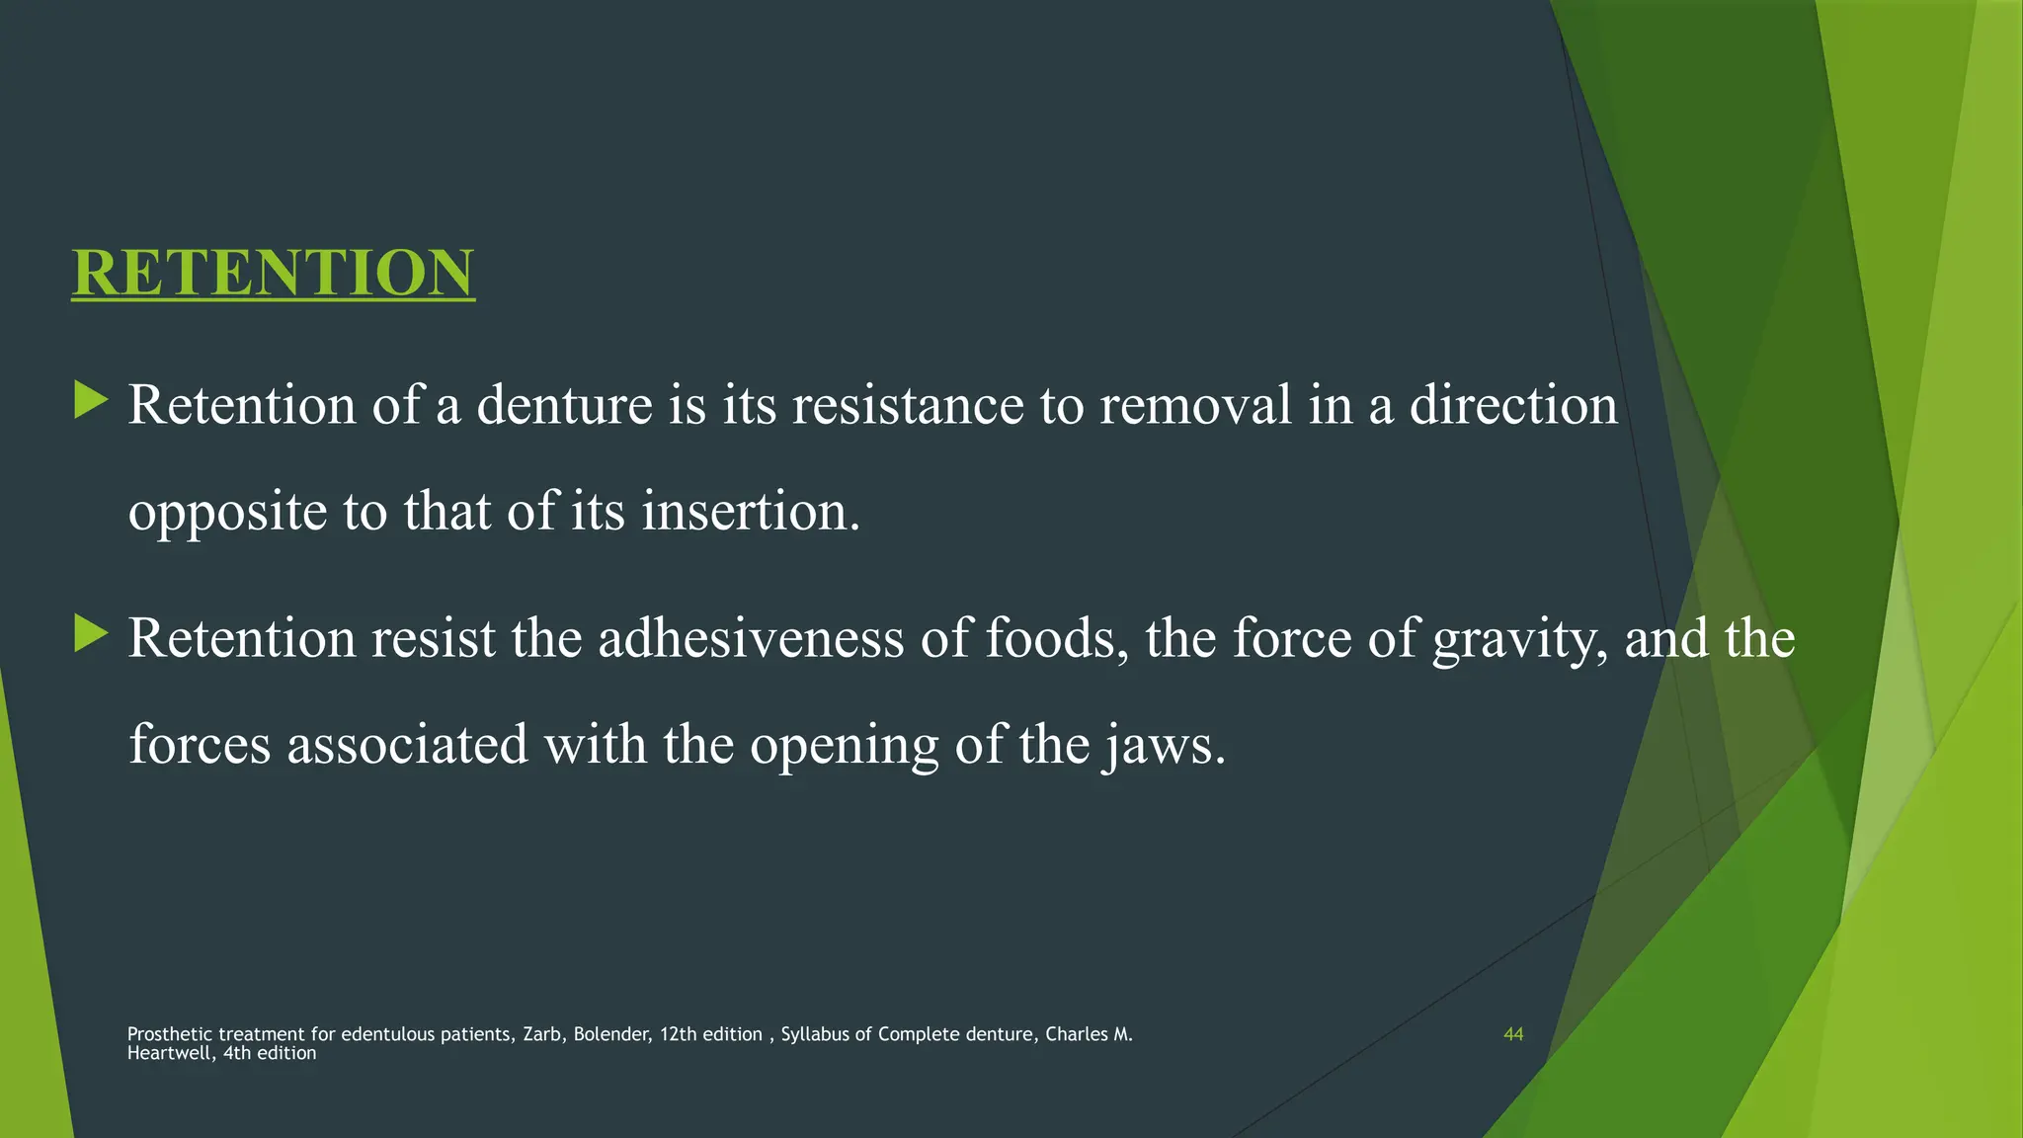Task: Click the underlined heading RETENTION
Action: point(274,273)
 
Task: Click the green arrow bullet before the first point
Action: point(91,401)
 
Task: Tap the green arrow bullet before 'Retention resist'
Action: point(91,634)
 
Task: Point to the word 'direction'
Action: point(1513,405)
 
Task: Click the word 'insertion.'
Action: point(751,512)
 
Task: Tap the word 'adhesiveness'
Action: point(751,638)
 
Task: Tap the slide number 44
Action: point(1513,1034)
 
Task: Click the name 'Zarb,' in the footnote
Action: point(542,1034)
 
